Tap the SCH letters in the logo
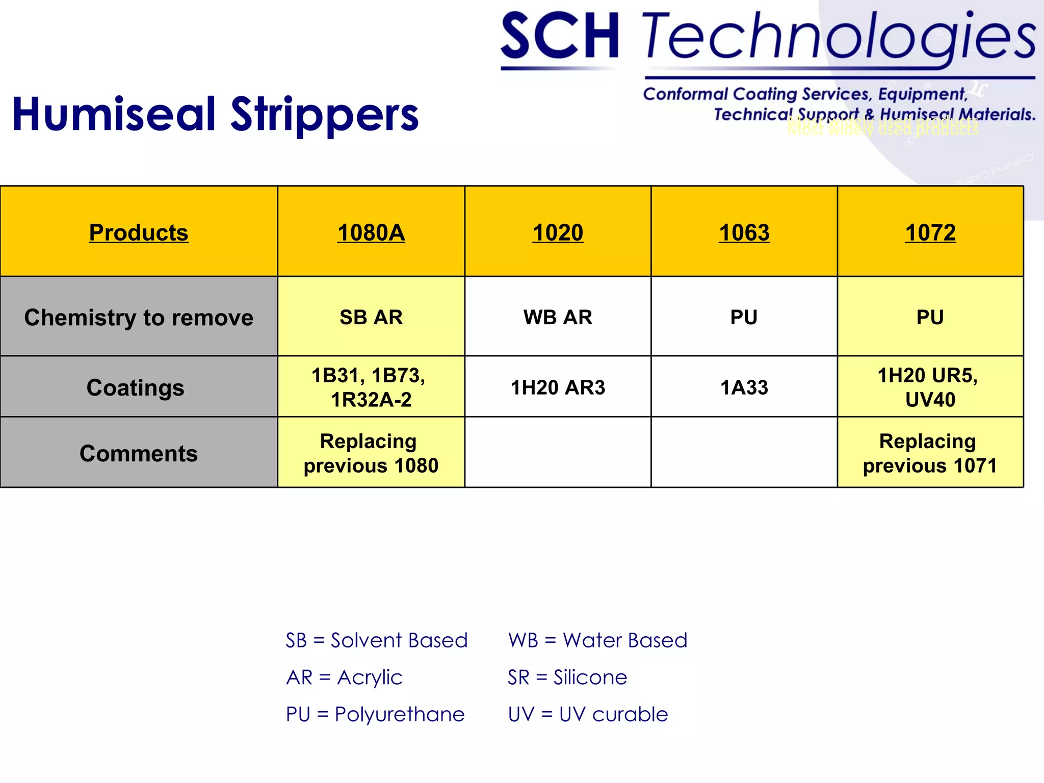pyautogui.click(x=560, y=37)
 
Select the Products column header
pyautogui.click(x=139, y=232)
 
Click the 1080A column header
pyautogui.click(x=371, y=232)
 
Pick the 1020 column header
pyautogui.click(x=558, y=232)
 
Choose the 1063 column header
pyautogui.click(x=744, y=232)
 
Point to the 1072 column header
pyautogui.click(x=930, y=232)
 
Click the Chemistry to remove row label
pyautogui.click(x=139, y=317)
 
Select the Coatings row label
pyautogui.click(x=135, y=387)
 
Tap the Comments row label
pyautogui.click(x=139, y=453)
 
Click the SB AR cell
pyautogui.click(x=371, y=317)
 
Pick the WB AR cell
pyautogui.click(x=558, y=317)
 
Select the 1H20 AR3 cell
pyautogui.click(x=558, y=387)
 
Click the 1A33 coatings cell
pyautogui.click(x=744, y=387)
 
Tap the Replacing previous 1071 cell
pyautogui.click(x=930, y=453)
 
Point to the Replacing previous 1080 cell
pyautogui.click(x=371, y=453)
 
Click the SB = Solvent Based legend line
pyautogui.click(x=376, y=640)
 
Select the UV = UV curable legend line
pyautogui.click(x=588, y=714)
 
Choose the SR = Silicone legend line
pyautogui.click(x=567, y=677)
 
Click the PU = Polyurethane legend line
pyautogui.click(x=375, y=714)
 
